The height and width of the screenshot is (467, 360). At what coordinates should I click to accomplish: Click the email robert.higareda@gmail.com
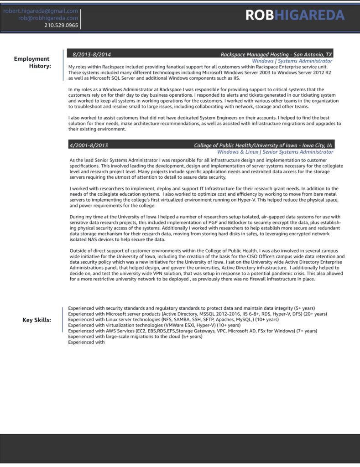click(41, 10)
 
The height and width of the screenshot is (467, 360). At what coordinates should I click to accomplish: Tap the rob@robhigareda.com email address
click(48, 18)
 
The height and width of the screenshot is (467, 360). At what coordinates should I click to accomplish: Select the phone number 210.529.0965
click(61, 25)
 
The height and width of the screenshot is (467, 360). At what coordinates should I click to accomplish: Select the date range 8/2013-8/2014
click(92, 54)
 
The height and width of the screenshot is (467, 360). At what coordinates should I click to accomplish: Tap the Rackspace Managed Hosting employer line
click(276, 54)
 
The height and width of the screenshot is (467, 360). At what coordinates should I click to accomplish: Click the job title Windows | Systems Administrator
click(292, 61)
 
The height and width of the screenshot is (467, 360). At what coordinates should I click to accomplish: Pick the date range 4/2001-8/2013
click(89, 145)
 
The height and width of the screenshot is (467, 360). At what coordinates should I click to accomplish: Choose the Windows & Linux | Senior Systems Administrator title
click(275, 152)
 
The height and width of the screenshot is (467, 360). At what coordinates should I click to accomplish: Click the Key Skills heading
click(37, 320)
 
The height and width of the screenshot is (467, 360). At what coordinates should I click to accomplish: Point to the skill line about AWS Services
click(192, 331)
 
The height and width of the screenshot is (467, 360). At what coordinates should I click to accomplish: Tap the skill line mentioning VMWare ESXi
click(154, 325)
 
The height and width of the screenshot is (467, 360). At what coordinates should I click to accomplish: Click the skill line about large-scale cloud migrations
click(135, 336)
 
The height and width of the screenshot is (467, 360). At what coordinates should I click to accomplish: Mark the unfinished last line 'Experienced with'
click(86, 342)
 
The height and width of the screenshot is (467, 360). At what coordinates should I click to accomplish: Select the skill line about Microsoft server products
click(197, 314)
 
